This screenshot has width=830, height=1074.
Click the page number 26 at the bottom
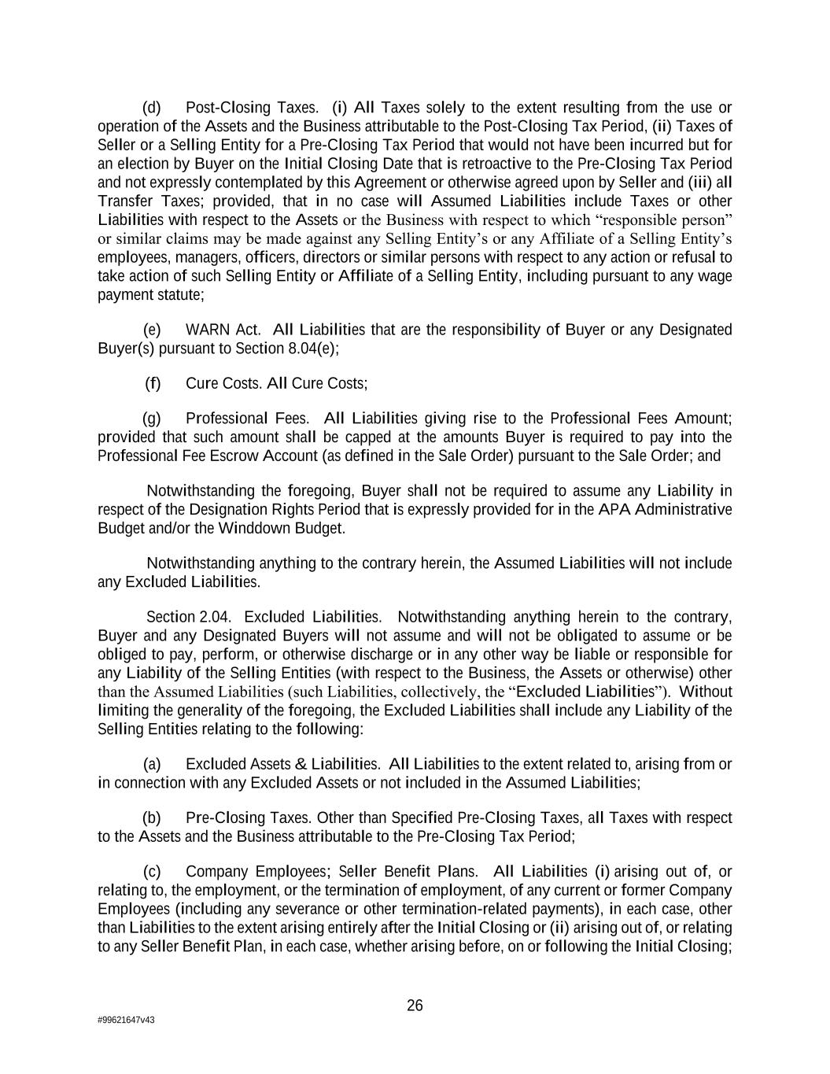click(x=415, y=1006)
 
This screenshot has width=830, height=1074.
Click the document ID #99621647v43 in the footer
click(x=126, y=1020)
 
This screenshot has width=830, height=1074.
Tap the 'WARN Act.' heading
click(x=223, y=330)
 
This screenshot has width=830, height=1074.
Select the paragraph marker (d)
click(x=152, y=108)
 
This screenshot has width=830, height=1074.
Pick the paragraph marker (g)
click(x=152, y=419)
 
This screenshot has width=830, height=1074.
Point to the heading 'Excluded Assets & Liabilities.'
click(x=283, y=765)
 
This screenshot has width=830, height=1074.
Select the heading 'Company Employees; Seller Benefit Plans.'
click(x=331, y=872)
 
